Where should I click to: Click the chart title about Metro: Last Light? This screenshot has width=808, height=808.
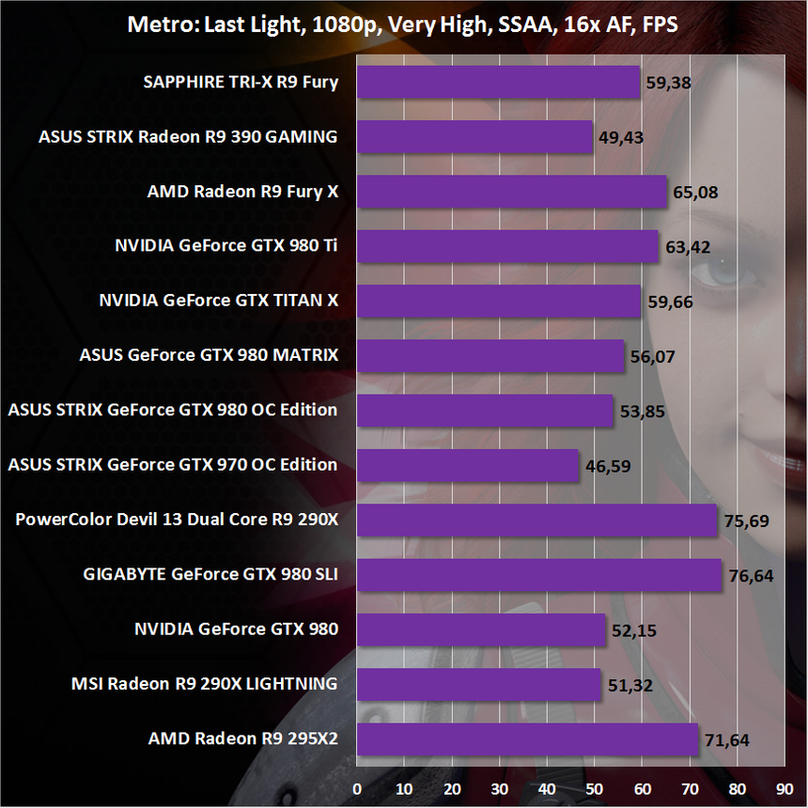tap(403, 24)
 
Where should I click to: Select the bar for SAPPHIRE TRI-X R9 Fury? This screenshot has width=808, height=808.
tap(498, 82)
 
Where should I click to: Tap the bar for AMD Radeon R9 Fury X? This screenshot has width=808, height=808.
tap(511, 192)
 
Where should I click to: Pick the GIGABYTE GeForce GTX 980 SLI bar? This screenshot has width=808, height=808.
tap(538, 574)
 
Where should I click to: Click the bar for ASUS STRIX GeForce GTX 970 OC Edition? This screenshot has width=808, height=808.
tap(468, 464)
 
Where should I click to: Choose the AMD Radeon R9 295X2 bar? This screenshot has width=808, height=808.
tap(527, 738)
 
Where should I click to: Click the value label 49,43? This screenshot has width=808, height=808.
tap(621, 137)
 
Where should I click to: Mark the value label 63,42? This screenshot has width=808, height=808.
tap(687, 247)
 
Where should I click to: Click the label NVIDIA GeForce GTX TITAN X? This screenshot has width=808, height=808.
tap(218, 301)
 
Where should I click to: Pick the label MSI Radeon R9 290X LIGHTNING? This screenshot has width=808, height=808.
tap(204, 683)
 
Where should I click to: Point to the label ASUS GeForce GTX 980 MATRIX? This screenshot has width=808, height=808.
tap(209, 355)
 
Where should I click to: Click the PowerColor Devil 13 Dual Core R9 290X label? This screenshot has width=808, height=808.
tap(177, 519)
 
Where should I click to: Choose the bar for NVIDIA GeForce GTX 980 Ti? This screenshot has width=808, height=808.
tap(507, 246)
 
